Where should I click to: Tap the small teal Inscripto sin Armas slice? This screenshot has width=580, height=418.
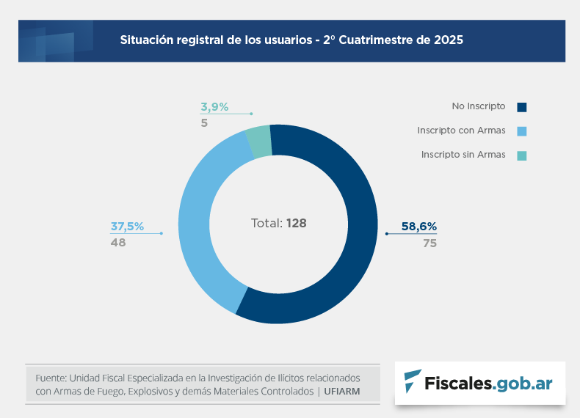coord(259,142)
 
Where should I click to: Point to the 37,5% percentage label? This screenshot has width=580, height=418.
coord(127,227)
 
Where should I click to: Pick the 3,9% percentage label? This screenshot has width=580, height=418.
coord(214,107)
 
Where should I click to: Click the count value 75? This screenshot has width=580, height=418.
coord(429,243)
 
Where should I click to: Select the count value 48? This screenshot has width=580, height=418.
coord(118,243)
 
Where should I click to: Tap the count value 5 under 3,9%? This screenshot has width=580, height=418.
coord(204,123)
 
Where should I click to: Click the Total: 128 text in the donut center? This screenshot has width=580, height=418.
coord(278,223)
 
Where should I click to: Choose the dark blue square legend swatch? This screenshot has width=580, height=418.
coord(522,107)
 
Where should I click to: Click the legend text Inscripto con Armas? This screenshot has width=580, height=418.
coord(461,131)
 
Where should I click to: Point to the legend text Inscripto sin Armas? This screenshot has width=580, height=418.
coord(463,155)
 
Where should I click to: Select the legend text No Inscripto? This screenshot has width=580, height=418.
coord(478,106)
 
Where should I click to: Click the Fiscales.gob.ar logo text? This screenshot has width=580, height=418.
coord(488,382)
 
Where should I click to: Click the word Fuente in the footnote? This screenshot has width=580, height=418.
coord(50,378)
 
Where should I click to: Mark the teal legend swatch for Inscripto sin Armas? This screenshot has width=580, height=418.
coord(522,155)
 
